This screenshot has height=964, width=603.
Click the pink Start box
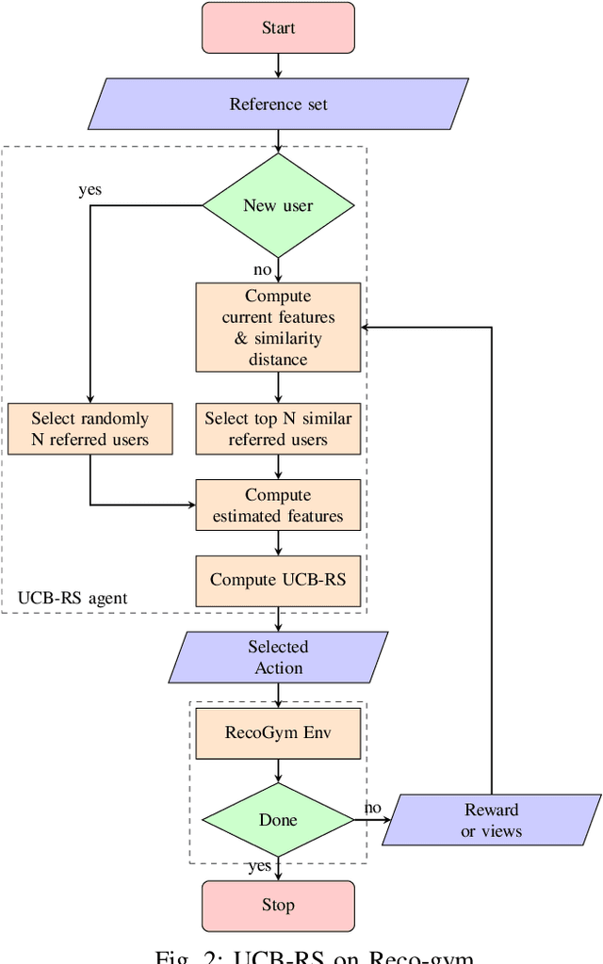[x=278, y=28]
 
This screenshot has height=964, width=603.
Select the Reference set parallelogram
[x=278, y=104]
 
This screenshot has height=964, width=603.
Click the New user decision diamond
[x=278, y=205]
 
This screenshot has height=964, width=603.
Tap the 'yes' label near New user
[x=90, y=190]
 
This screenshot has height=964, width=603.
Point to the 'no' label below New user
[x=262, y=270]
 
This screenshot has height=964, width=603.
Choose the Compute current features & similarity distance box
[x=278, y=328]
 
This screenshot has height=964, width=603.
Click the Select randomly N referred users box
[x=90, y=428]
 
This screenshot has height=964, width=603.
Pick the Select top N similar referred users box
[x=278, y=428]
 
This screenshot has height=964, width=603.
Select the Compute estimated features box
[x=278, y=506]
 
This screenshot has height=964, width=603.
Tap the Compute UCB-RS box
[x=278, y=580]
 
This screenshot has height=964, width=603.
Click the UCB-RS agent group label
[x=73, y=598]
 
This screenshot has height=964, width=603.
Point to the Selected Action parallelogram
[x=278, y=657]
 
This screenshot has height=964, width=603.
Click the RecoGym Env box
[x=278, y=733]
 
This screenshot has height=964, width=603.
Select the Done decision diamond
[x=278, y=820]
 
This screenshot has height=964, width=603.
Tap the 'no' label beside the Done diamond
[x=372, y=808]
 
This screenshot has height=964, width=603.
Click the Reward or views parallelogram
[x=491, y=820]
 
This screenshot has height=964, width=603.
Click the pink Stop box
[x=278, y=906]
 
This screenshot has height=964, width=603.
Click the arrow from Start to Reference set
[x=278, y=65]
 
